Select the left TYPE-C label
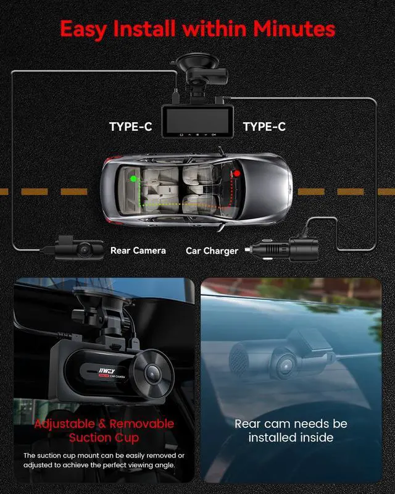130,127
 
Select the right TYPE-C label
264,127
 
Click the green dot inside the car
132,179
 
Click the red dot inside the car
236,175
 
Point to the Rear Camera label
138,251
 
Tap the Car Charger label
212,251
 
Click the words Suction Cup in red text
104,438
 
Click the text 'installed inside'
291,438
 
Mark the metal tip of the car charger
248,250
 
